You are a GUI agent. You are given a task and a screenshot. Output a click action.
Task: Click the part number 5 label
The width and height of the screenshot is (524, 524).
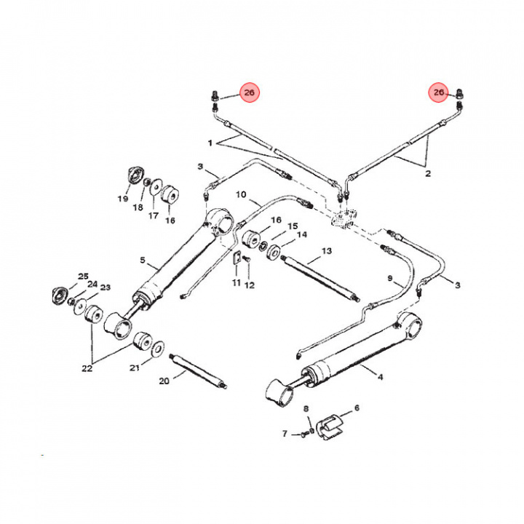(143, 261)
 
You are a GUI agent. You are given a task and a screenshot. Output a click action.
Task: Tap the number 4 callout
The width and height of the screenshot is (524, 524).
(380, 376)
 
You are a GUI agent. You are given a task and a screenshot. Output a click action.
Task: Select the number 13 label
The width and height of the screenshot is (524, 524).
(326, 251)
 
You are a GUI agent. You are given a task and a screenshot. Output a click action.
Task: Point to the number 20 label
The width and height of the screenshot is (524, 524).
(164, 381)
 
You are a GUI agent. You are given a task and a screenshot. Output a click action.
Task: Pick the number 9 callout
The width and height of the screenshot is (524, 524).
(389, 279)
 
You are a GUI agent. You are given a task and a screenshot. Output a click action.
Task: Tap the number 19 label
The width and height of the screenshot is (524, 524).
(123, 199)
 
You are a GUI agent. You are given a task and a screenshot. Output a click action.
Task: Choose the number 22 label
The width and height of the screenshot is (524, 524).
(87, 368)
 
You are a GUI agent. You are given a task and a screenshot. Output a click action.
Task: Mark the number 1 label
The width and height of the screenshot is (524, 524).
(210, 142)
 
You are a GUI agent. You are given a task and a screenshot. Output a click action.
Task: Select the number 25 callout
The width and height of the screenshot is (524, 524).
(83, 276)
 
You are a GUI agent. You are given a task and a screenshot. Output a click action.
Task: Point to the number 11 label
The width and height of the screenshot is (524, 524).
(236, 282)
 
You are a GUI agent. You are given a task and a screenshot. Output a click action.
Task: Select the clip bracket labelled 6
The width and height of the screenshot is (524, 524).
(331, 424)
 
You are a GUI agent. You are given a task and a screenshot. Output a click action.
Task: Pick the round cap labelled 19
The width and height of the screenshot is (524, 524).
(134, 178)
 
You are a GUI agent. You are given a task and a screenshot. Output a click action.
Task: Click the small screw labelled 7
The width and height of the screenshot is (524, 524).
(301, 434)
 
